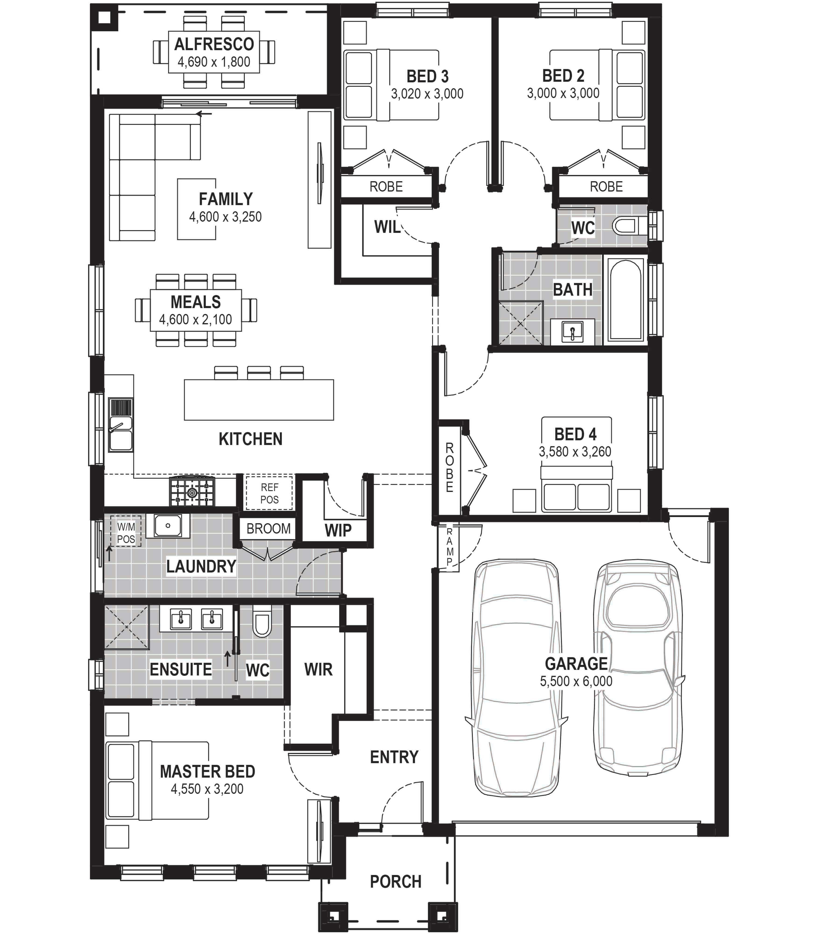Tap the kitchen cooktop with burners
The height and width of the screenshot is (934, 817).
click(192, 491)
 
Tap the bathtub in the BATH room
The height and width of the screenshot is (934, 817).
click(625, 300)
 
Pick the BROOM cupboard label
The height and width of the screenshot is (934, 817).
click(268, 529)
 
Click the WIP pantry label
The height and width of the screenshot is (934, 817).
click(338, 530)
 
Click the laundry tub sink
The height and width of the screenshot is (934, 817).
click(168, 525)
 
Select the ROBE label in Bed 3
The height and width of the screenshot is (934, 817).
click(386, 187)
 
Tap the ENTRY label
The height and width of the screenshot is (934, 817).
click(394, 757)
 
